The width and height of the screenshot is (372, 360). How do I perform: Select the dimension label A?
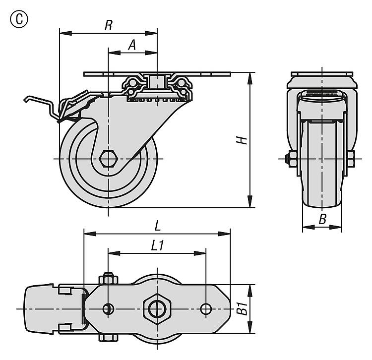[x=132, y=45]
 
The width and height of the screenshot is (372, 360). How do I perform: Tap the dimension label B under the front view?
[x=322, y=220]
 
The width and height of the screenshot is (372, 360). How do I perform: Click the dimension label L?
[x=157, y=226]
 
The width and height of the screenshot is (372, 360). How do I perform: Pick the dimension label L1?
[x=157, y=245]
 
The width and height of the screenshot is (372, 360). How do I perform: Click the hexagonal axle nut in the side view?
[x=108, y=159]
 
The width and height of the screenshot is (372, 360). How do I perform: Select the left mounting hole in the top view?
[x=108, y=308]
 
